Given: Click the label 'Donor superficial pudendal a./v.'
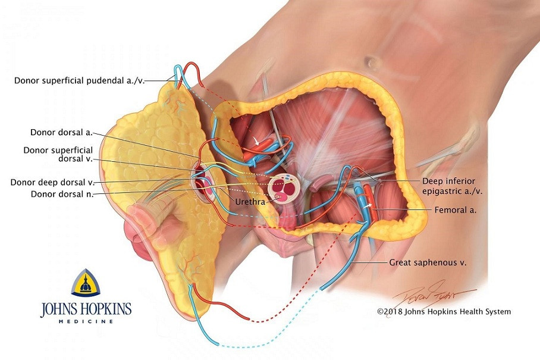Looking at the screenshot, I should pos(80,79).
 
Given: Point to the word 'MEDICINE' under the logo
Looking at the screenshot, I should pos(86,322).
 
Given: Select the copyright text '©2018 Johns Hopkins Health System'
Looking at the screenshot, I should pos(444,311).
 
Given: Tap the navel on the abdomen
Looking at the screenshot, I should pos(373,62).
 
